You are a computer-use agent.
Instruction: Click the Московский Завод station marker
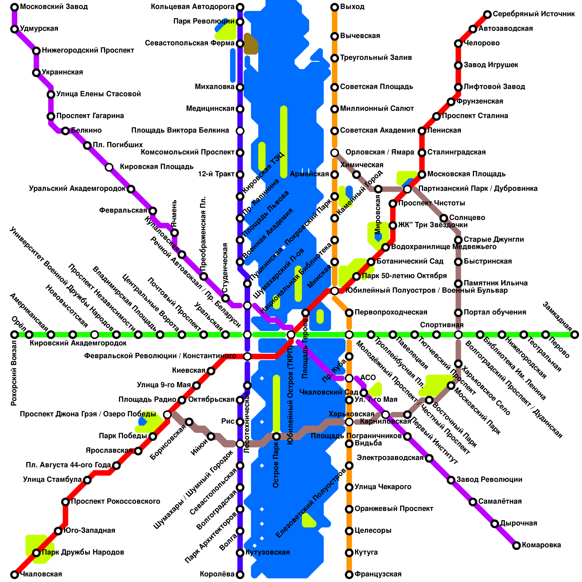pyautogui.click(x=15, y=7)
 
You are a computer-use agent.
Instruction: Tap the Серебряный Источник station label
pyautogui.click(x=534, y=14)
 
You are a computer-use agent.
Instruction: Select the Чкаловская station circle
pyautogui.click(x=15, y=575)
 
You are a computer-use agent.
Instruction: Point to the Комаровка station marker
pyautogui.click(x=517, y=546)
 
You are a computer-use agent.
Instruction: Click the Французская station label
pyautogui.click(x=378, y=574)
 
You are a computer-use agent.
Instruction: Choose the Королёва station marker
pyautogui.click(x=240, y=575)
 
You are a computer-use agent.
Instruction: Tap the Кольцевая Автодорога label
pyautogui.click(x=192, y=7)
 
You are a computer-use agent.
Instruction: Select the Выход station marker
pyautogui.click(x=335, y=7)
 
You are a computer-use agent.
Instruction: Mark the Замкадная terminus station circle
pyautogui.click(x=575, y=335)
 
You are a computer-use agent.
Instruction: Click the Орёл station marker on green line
pyautogui.click(x=15, y=335)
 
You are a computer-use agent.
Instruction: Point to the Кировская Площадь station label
pyautogui.click(x=156, y=167)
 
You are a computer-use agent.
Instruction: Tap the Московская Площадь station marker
pyautogui.click(x=422, y=175)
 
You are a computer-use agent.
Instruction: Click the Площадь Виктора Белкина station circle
pyautogui.click(x=240, y=131)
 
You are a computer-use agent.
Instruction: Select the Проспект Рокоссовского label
pyautogui.click(x=115, y=502)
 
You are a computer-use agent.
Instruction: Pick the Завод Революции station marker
pyautogui.click(x=451, y=480)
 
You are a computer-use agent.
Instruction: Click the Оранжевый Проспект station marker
pyautogui.click(x=349, y=509)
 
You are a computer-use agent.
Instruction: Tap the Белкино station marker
pyautogui.click(x=65, y=131)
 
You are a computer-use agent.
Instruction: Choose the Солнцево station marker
pyautogui.click(x=444, y=218)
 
